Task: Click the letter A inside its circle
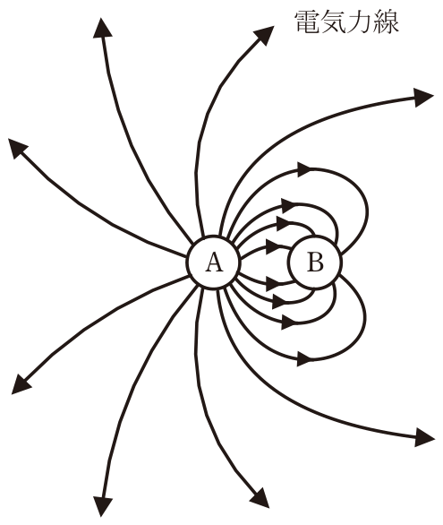[x=213, y=262]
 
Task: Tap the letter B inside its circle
[x=315, y=262]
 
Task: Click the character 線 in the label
[x=386, y=22]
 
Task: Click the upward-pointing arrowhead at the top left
[x=102, y=29]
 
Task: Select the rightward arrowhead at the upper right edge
[x=423, y=98]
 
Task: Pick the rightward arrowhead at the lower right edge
[x=424, y=437]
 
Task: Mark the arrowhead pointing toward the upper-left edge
[x=17, y=148]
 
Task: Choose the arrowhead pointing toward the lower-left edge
[x=21, y=384]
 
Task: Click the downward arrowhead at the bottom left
[x=102, y=506]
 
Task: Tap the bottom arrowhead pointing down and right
[x=260, y=498]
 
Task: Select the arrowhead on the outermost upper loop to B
[x=304, y=169]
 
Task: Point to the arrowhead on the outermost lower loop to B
[x=304, y=359]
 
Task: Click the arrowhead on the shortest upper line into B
[x=273, y=246]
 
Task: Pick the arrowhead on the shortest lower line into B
[x=273, y=284]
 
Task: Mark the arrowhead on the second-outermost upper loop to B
[x=288, y=205]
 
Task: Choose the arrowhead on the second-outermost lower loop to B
[x=288, y=323]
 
